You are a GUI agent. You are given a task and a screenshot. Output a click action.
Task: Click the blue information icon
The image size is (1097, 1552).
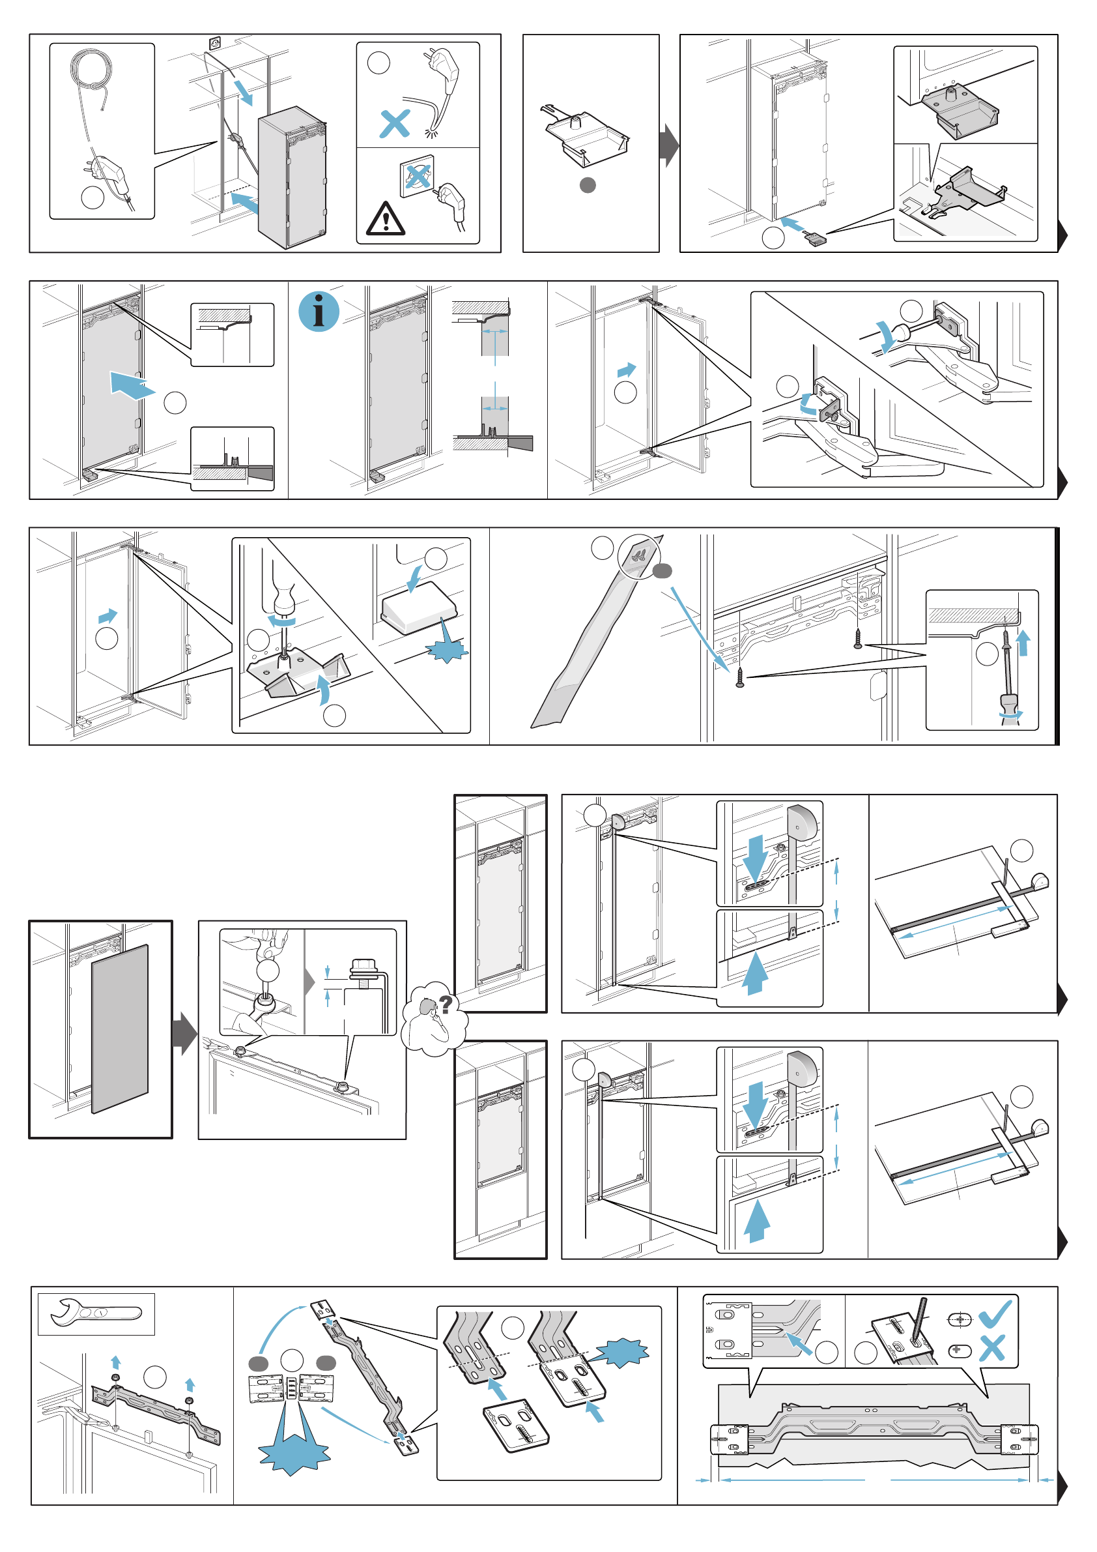pos(319,312)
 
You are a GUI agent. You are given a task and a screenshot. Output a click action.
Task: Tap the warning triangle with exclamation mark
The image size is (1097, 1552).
pos(385,220)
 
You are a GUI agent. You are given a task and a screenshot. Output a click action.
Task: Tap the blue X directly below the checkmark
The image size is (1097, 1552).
pos(991,1349)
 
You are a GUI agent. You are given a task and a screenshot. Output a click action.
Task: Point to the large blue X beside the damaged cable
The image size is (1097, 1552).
pos(395,124)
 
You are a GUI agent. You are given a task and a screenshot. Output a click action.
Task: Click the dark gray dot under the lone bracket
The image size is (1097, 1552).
pos(588,184)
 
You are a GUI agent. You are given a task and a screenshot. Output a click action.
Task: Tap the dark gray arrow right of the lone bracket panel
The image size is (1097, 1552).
pos(669,145)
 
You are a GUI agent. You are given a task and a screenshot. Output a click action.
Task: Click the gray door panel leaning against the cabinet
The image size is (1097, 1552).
pos(120,1028)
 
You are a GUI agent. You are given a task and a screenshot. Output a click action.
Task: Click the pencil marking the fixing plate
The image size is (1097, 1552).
pos(919,1318)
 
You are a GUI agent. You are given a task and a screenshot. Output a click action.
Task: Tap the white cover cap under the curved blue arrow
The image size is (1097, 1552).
pos(419,607)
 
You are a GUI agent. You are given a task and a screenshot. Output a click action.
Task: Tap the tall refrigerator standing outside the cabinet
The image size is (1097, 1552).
pos(292,177)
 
